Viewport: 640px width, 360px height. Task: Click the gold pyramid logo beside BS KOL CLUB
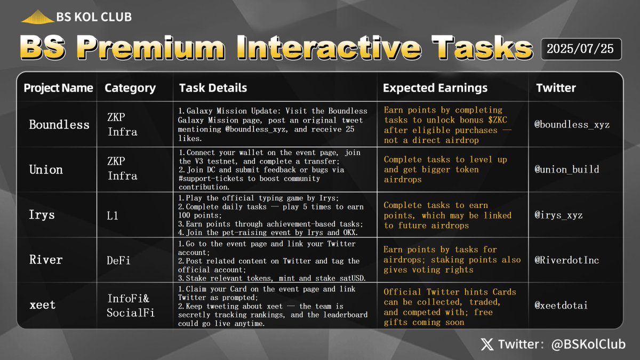37,17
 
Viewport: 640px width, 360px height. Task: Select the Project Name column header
58,88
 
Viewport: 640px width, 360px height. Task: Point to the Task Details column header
213,88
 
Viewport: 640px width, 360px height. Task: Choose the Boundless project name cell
59,125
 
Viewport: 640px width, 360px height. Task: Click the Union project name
46,170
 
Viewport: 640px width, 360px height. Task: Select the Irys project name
42,215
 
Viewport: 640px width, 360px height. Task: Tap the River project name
46,260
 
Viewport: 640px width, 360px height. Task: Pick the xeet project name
42,305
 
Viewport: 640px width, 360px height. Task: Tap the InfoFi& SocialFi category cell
131,305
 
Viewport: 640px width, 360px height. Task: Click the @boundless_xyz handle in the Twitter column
571,125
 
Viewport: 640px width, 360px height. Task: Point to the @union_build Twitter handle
566,170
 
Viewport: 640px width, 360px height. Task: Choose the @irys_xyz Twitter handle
559,215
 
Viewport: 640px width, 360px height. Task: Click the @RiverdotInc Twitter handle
566,260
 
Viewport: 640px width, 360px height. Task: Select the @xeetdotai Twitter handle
562,305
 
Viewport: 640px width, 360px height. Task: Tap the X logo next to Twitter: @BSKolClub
487,345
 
